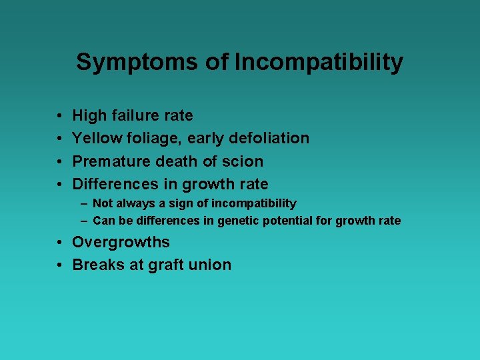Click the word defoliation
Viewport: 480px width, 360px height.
coord(269,138)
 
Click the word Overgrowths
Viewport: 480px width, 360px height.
coord(121,242)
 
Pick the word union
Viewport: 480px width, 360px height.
coord(212,265)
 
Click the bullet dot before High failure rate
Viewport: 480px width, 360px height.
coord(59,116)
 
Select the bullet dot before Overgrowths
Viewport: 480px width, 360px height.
coord(59,243)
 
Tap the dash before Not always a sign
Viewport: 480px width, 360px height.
coord(85,203)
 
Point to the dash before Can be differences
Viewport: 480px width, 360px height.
coord(85,221)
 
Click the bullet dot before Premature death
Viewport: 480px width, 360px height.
coord(59,161)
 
